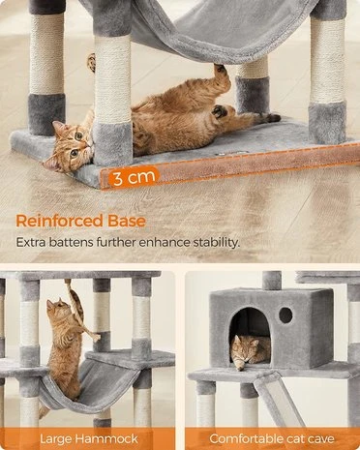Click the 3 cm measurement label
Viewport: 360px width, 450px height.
(135, 177)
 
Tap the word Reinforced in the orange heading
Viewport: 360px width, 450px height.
(59, 221)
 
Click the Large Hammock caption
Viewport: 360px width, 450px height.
(89, 439)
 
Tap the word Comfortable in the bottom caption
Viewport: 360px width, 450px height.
(243, 439)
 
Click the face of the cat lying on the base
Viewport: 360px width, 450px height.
(71, 145)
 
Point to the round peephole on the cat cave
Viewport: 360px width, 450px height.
(285, 315)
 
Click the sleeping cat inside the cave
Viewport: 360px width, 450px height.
(250, 351)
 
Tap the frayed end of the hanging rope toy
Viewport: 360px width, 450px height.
(96, 338)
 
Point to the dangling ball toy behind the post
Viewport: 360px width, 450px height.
(92, 62)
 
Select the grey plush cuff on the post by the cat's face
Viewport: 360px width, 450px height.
(112, 142)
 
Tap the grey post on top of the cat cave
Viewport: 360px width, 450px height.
(272, 280)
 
